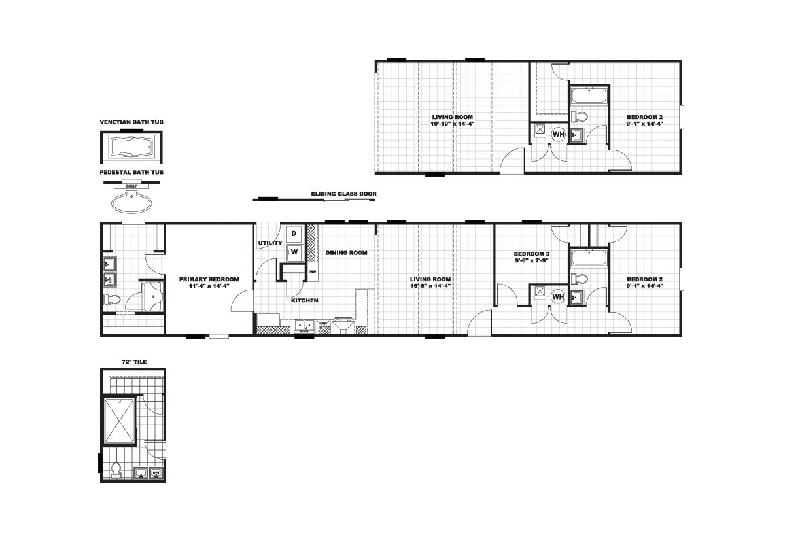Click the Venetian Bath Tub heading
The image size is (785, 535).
(x=131, y=122)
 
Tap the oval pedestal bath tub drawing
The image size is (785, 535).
(x=131, y=202)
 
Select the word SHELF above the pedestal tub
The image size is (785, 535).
(x=131, y=186)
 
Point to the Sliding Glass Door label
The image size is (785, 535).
(x=344, y=194)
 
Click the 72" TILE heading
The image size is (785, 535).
(x=134, y=362)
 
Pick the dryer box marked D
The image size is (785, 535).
(x=294, y=233)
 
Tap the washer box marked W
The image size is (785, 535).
(x=294, y=252)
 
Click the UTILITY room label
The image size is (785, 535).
(x=270, y=243)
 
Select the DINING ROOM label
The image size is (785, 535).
(x=347, y=252)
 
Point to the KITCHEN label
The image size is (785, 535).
(x=305, y=300)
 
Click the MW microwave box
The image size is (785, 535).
(x=313, y=271)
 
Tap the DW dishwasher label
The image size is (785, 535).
(x=323, y=322)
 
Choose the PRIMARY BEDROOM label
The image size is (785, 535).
(x=209, y=279)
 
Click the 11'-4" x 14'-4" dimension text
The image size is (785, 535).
(x=209, y=286)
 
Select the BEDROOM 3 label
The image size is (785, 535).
(x=532, y=254)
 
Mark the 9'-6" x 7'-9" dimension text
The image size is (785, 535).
(x=532, y=260)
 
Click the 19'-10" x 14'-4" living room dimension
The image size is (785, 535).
(x=453, y=124)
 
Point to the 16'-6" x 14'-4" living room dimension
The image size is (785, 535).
(x=430, y=286)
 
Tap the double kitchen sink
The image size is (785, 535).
(x=304, y=326)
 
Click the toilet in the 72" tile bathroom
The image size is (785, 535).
(x=116, y=470)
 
